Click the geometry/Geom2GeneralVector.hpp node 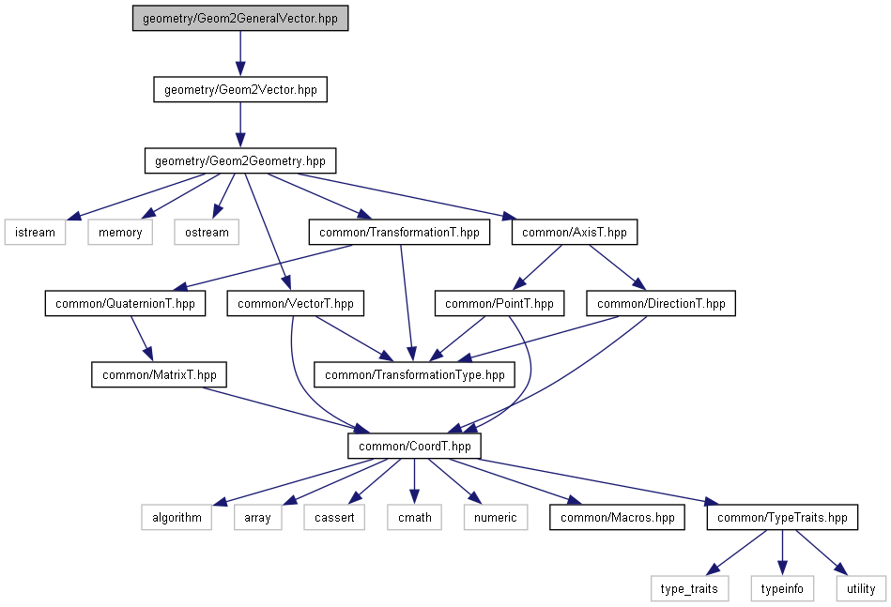240,19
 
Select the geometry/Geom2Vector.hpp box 240,90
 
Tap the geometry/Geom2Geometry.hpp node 240,160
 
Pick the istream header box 36,232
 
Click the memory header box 120,232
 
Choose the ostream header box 207,232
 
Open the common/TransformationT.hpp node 399,232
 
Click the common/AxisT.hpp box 575,232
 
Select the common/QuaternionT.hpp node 125,304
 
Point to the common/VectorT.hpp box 296,304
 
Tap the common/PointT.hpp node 499,304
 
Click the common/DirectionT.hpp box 661,304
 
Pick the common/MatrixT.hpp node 160,375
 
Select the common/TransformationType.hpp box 414,375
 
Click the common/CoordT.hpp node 414,446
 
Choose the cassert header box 334,517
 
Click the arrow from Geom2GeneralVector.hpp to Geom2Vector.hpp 240,54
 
